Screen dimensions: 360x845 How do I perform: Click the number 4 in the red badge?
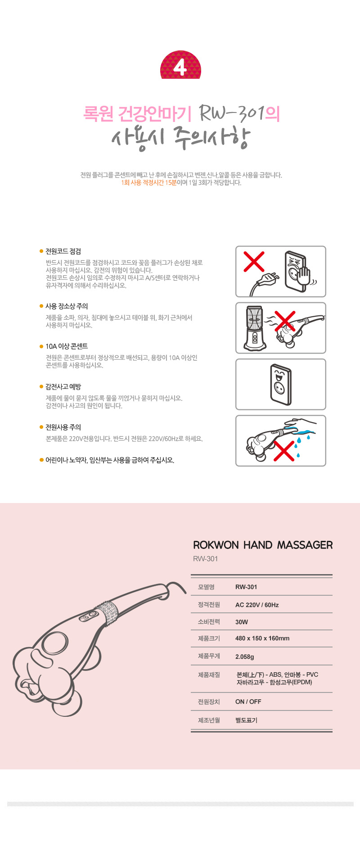180,67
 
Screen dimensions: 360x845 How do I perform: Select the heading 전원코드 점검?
63,252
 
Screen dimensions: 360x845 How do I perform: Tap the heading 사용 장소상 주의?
67,306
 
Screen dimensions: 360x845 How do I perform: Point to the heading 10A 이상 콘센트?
67,346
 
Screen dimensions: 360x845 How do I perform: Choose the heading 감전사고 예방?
63,387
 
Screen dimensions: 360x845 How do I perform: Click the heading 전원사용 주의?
63,427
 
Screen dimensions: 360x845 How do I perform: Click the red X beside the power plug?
254,261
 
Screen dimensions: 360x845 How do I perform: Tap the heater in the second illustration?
255,328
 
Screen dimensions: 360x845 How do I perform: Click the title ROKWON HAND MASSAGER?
263,545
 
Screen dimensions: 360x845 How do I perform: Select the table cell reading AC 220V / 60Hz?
257,605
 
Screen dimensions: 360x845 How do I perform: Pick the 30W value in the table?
242,622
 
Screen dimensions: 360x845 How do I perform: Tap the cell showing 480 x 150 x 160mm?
262,638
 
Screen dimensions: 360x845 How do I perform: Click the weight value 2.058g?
245,656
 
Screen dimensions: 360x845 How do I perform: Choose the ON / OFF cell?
248,701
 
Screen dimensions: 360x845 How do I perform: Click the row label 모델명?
206,587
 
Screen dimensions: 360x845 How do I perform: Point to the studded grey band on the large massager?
107,613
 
